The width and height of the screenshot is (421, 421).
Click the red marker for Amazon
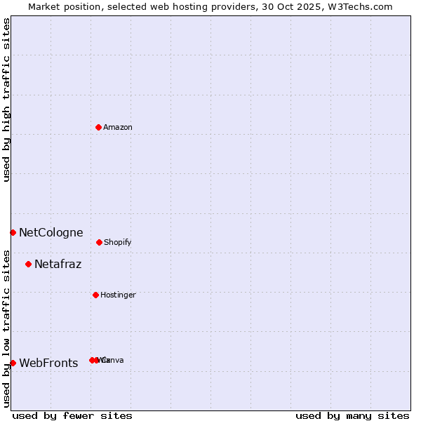point(98,127)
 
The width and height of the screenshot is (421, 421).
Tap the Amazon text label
point(118,128)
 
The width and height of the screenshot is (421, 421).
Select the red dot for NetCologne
point(13,232)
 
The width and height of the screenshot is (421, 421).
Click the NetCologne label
point(51,233)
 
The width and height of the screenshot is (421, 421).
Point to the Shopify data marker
point(99,242)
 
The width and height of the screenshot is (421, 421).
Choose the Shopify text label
point(118,243)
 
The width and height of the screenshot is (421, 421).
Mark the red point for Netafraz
point(28,264)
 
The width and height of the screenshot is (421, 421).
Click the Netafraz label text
point(58,265)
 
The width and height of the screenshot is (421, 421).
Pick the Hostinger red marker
point(95,295)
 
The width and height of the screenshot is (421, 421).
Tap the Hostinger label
point(118,295)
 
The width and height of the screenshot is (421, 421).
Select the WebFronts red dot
point(13,363)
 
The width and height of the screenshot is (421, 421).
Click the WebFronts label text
point(49,363)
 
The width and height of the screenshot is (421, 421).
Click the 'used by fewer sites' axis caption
point(72,415)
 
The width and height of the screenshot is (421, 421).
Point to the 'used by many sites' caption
point(352,415)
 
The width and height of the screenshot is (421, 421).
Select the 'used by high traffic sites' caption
point(7,100)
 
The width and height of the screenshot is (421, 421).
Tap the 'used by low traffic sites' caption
point(7,328)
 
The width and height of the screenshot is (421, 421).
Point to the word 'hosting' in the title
point(176,7)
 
